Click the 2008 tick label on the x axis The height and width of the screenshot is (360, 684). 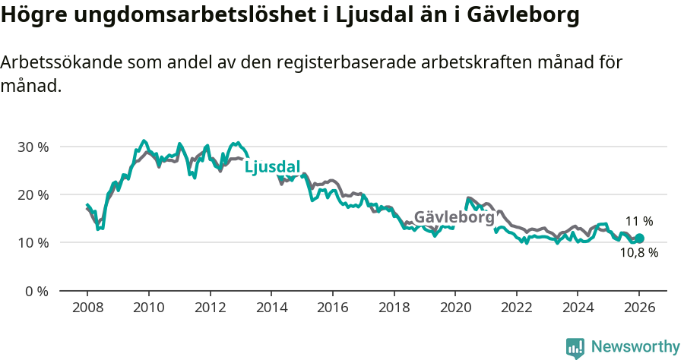87,308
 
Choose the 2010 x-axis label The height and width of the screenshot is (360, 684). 148,308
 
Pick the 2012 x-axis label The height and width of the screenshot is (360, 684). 210,308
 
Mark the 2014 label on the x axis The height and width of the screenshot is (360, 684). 271,308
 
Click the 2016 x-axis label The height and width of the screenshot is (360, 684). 332,308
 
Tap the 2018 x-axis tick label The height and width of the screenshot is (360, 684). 394,308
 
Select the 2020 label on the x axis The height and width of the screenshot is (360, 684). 455,308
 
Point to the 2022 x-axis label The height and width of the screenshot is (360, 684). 516,308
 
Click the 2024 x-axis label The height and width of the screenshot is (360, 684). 578,308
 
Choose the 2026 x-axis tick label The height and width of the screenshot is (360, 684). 639,308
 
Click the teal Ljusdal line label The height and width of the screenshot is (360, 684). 273,167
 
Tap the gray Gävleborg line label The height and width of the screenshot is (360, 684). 454,216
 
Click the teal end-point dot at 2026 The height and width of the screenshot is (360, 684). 639,238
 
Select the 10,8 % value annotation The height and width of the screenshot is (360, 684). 639,253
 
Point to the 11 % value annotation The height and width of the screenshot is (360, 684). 639,222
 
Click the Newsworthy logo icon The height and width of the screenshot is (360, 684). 575,347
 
